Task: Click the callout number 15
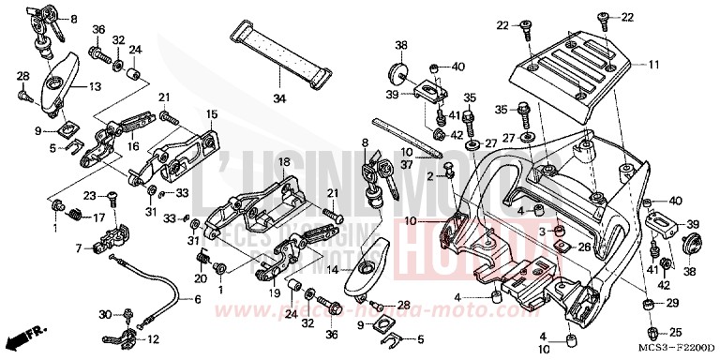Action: tap(212, 113)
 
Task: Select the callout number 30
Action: tap(103, 314)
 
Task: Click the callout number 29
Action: tap(671, 305)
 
